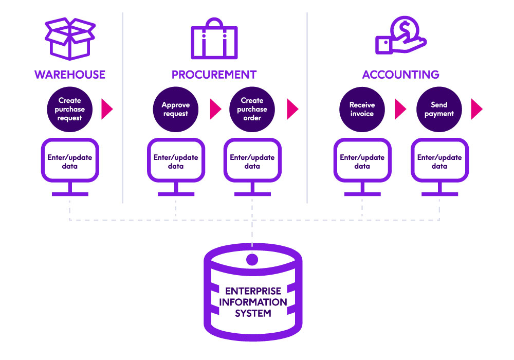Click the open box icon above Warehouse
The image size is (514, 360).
point(69,38)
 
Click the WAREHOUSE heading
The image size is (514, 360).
point(69,75)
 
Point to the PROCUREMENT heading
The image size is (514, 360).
point(214,75)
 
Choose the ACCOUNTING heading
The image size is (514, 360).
point(400,75)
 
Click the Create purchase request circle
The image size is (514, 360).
point(69,109)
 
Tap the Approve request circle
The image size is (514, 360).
point(176,109)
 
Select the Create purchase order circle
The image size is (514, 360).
point(252,109)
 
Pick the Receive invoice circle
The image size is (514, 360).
point(362,109)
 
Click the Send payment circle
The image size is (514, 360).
point(439,109)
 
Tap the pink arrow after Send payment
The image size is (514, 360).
point(476,109)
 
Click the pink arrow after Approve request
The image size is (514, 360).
point(215,109)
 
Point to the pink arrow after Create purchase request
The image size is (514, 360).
point(107,109)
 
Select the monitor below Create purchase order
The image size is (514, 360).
point(252,162)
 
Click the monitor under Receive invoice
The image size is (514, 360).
point(362,162)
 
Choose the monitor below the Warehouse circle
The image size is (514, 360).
point(69,162)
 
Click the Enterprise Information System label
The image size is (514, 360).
point(252,302)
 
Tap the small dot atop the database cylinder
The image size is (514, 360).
point(252,259)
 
